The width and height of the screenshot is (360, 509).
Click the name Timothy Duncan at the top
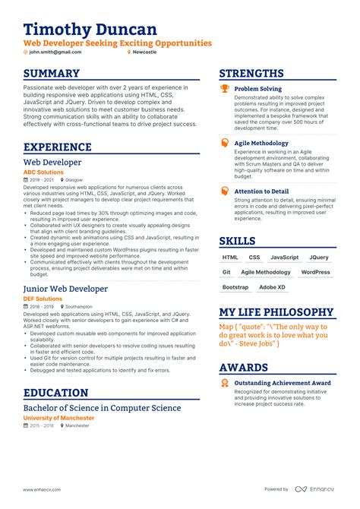tap(90, 29)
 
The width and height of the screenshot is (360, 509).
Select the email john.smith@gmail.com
tap(54, 52)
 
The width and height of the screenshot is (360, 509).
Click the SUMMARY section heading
tap(52, 74)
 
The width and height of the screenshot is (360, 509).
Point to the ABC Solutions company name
tap(44, 172)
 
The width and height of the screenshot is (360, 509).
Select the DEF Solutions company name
tap(43, 299)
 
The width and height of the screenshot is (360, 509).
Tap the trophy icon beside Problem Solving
tap(224, 89)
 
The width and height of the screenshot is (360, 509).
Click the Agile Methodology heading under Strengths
tap(261, 143)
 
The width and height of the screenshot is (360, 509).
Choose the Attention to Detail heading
tap(261, 191)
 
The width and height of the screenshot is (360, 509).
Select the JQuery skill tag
tap(319, 258)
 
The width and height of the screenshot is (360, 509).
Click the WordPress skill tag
tap(315, 272)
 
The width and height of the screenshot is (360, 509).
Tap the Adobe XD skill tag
tap(272, 287)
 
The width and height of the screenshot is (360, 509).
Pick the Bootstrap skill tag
tap(235, 287)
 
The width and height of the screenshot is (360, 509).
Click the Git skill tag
tap(226, 272)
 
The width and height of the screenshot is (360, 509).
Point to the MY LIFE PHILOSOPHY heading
tap(276, 312)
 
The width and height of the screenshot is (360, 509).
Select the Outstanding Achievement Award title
tap(283, 383)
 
